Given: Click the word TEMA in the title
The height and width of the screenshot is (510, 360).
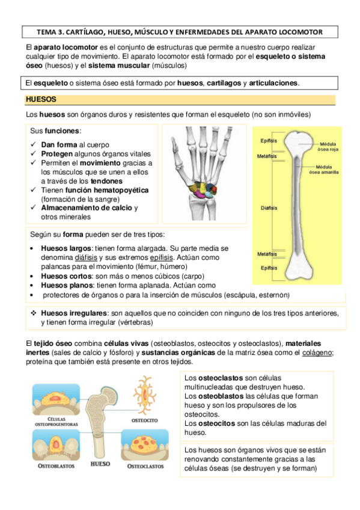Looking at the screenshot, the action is pos(47,31).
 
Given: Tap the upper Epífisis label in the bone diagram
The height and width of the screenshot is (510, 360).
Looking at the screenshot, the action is pos(268,141).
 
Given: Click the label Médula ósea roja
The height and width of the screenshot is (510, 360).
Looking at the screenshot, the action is pos(328,147).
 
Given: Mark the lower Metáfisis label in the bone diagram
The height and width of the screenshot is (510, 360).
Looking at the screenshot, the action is pos(267,254).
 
